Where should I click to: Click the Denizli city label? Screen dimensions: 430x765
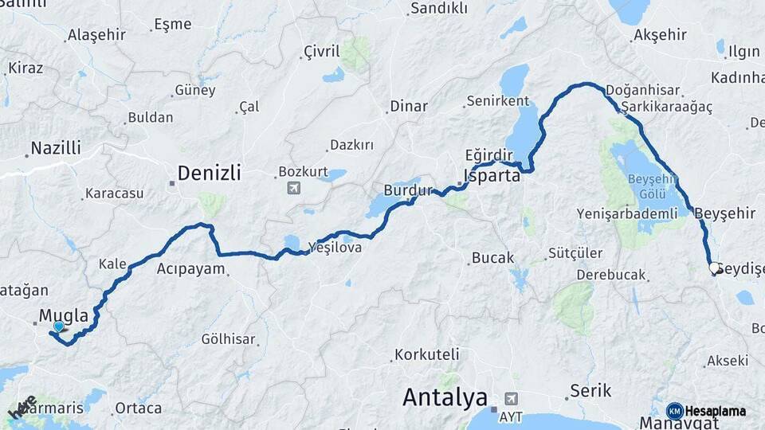pyautogui.click(x=208, y=173)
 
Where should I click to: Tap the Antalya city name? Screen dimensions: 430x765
pyautogui.click(x=445, y=396)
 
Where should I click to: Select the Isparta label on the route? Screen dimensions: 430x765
pyautogui.click(x=492, y=175)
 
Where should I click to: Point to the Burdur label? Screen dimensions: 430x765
pyautogui.click(x=407, y=191)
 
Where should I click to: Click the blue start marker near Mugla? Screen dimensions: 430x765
pyautogui.click(x=58, y=326)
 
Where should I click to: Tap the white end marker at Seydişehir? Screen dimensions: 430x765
pyautogui.click(x=715, y=268)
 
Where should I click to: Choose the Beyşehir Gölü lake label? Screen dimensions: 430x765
pyautogui.click(x=652, y=184)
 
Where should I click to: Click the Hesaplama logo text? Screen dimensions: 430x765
pyautogui.click(x=715, y=411)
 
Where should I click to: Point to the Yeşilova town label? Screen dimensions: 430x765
pyautogui.click(x=339, y=248)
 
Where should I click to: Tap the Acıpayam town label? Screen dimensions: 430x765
pyautogui.click(x=190, y=268)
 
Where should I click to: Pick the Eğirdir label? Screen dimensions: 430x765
pyautogui.click(x=486, y=154)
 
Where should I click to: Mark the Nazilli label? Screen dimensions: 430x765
pyautogui.click(x=56, y=148)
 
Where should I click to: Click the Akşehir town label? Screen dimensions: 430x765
pyautogui.click(x=659, y=35)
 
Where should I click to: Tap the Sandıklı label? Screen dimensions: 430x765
pyautogui.click(x=437, y=9)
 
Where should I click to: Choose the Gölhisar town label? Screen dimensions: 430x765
pyautogui.click(x=228, y=339)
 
